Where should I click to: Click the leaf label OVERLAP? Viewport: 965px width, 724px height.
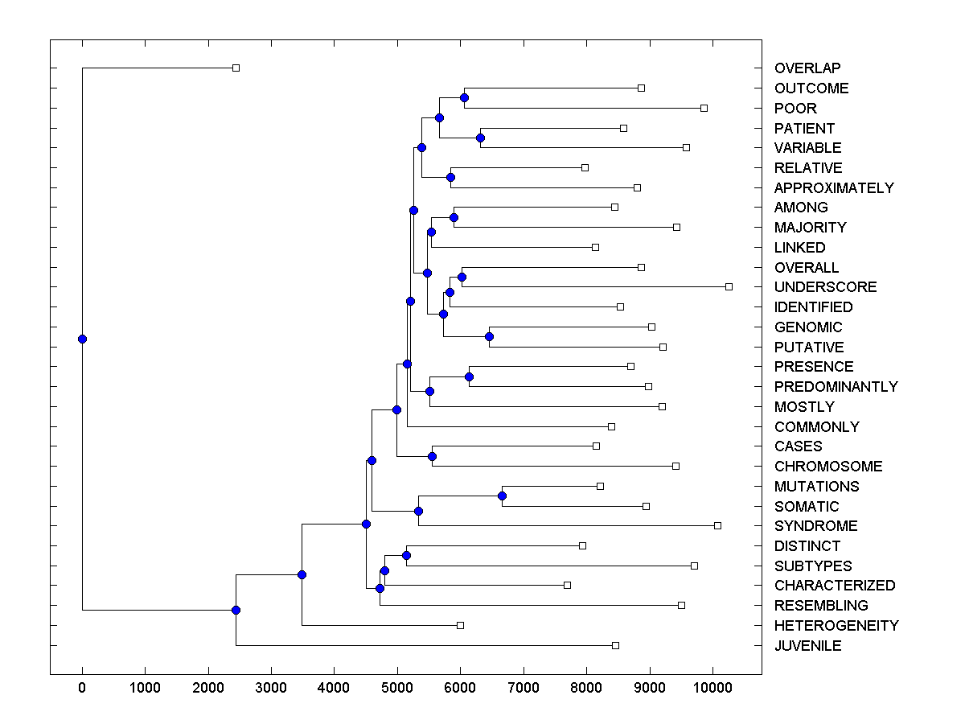807,68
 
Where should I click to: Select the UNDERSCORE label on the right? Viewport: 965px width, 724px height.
825,287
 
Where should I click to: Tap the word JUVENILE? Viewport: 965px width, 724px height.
807,646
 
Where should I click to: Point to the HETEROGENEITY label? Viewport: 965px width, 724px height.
836,626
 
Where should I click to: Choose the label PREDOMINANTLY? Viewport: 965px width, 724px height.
836,387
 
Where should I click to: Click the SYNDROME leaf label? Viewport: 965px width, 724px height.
815,526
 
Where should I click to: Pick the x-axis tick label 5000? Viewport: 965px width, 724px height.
397,686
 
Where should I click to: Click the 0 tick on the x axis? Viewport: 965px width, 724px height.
82,686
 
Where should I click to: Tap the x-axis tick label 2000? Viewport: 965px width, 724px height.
208,686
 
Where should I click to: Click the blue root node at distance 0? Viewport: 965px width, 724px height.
82,339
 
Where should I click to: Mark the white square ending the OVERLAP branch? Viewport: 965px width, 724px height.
236,68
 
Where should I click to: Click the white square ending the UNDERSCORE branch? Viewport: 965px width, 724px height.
729,286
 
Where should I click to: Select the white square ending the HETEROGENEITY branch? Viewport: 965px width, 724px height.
460,625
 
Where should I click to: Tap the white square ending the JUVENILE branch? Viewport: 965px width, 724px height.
615,645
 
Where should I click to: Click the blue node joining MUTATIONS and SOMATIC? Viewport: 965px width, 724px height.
502,496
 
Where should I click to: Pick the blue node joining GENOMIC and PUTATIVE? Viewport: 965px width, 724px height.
489,336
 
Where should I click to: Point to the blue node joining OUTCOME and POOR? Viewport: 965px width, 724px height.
464,97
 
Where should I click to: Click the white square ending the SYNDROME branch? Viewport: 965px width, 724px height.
717,525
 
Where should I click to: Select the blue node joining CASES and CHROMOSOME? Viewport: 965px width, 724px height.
432,456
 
